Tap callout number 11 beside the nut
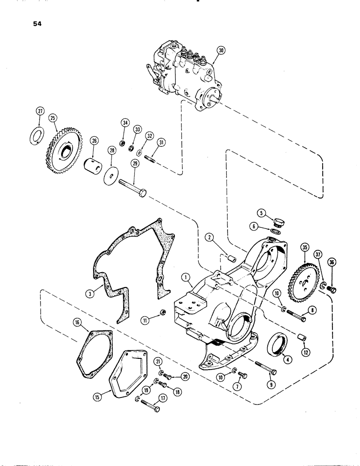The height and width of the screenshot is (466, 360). [x=145, y=320]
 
